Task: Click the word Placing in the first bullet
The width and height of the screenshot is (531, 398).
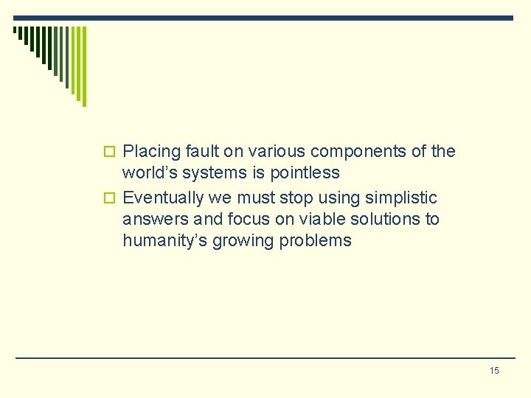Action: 152,152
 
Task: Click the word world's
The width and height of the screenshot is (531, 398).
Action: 152,173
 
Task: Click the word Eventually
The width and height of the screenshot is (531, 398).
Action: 162,198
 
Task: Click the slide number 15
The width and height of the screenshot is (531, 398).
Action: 494,370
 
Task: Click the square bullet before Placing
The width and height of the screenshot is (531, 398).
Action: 111,153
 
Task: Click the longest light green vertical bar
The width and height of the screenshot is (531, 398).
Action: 83,66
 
